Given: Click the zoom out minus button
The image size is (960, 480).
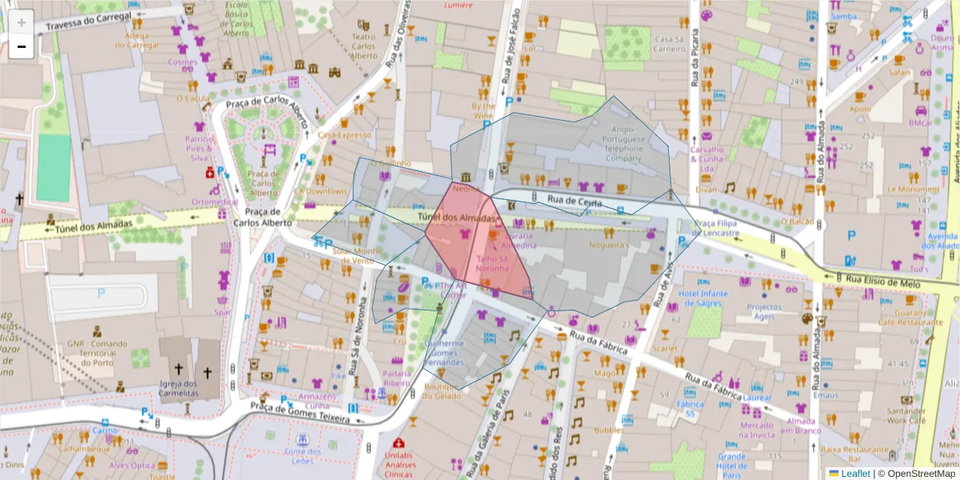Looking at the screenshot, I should click(x=22, y=47).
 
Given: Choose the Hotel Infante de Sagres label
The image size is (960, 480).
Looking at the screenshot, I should click(x=704, y=298).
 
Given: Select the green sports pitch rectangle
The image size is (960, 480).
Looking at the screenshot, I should click(x=54, y=167).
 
